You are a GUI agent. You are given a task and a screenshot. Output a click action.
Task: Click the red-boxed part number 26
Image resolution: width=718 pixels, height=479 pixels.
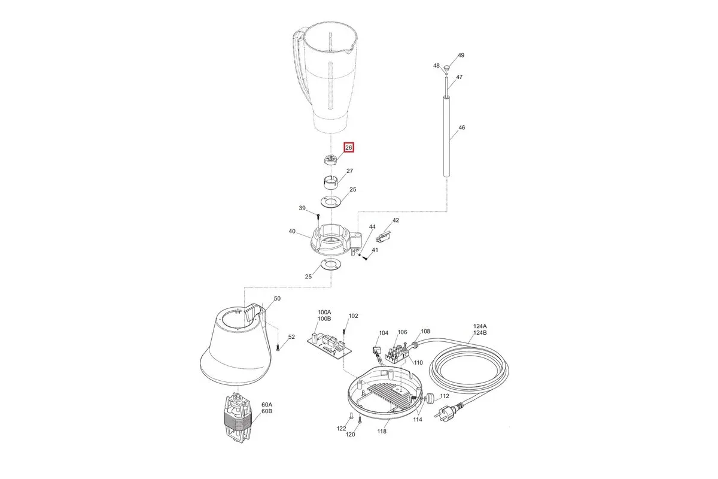[x=349, y=147]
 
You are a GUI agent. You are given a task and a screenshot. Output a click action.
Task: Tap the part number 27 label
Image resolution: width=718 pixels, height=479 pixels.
[x=349, y=171]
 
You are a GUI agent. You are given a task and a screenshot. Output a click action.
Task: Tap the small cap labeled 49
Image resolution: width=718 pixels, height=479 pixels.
[x=446, y=68]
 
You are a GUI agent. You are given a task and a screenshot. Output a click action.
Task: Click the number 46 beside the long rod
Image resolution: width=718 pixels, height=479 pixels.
[x=461, y=128]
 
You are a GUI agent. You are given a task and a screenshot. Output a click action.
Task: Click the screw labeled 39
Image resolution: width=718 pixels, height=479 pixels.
[x=318, y=220]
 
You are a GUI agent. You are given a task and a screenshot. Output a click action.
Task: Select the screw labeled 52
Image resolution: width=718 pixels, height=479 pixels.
[x=278, y=347]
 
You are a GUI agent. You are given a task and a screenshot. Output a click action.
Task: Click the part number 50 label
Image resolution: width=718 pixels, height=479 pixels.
[x=277, y=299]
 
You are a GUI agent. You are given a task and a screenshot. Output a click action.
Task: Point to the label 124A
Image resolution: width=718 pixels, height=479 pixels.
[x=480, y=326]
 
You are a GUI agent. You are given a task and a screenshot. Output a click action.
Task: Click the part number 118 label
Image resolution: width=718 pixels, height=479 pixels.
[x=382, y=432]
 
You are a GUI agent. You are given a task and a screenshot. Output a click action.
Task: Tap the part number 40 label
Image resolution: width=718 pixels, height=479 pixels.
[x=292, y=231]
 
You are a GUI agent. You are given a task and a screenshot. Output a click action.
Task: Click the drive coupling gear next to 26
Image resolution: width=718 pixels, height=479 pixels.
[x=330, y=159]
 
